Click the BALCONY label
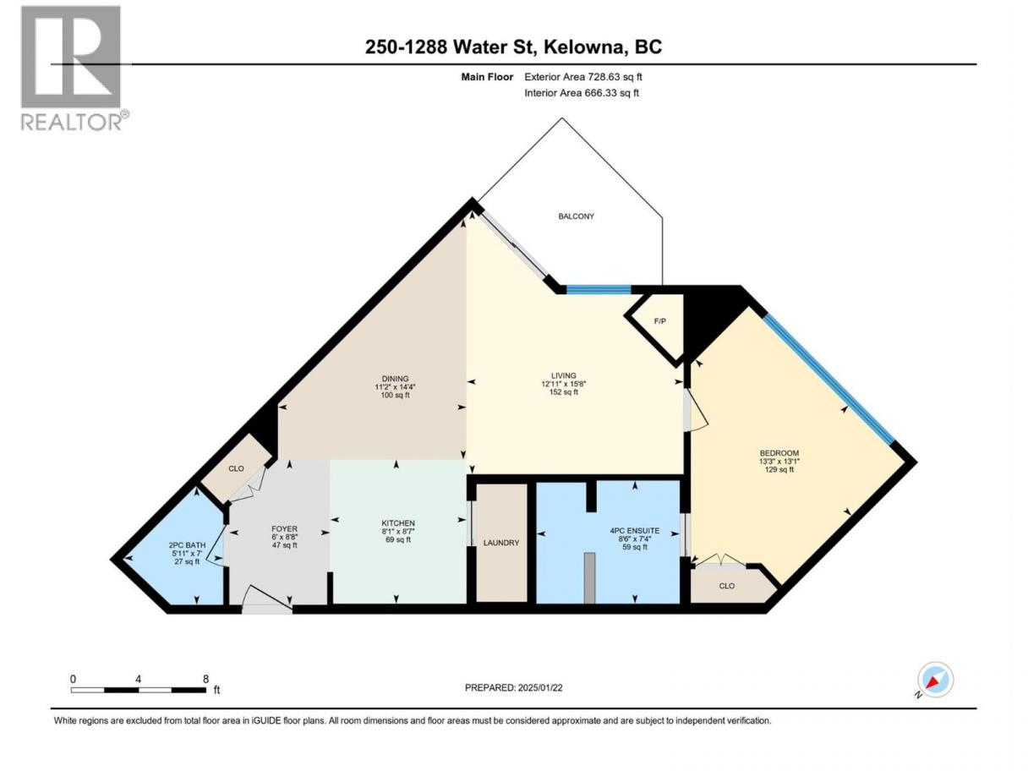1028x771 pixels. tap(576, 216)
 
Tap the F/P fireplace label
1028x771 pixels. tap(660, 321)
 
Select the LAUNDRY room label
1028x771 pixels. tap(501, 543)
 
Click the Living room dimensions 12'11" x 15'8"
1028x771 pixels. tap(563, 384)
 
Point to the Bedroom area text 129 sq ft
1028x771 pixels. tap(779, 469)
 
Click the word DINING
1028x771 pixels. tap(396, 378)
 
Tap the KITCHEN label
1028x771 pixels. tap(398, 523)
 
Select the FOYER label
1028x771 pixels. tap(284, 528)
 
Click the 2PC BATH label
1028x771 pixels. tap(187, 545)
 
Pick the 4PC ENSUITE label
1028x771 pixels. tap(635, 530)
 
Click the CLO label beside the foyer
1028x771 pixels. tap(236, 468)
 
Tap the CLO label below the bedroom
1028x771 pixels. tap(726, 586)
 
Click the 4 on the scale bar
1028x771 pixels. tap(138, 679)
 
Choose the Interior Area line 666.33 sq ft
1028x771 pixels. tap(581, 93)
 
